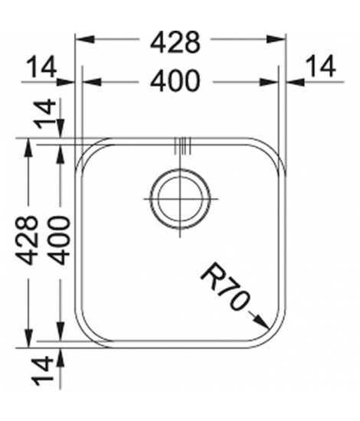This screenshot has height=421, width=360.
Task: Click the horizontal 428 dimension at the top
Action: point(175,42)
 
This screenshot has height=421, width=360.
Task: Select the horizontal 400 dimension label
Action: point(175,81)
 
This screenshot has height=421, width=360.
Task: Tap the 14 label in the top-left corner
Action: point(42,67)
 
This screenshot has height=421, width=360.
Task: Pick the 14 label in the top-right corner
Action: point(321,66)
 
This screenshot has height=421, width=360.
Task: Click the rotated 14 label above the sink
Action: point(45,114)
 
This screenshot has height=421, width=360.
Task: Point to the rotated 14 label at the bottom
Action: point(42,370)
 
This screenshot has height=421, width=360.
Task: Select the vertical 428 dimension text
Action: point(27,240)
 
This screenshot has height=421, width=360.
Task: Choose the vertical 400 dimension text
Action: point(60,240)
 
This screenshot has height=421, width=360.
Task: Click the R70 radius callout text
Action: point(224,287)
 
